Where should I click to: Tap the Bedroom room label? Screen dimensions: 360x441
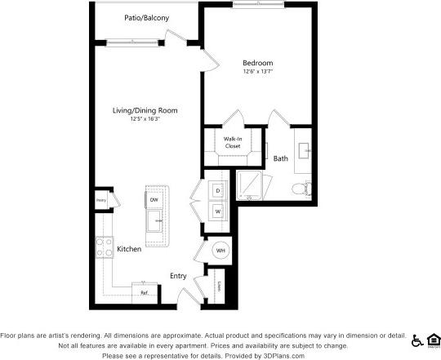tap(257, 63)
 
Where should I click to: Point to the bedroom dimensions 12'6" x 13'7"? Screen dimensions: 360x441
tap(257, 72)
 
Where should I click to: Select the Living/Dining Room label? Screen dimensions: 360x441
tap(145, 110)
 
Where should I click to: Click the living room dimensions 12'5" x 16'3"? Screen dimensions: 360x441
tap(145, 119)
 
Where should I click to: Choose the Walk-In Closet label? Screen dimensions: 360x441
tap(233, 143)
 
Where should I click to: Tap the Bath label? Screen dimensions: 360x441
tap(280, 158)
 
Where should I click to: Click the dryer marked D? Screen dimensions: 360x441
tap(218, 191)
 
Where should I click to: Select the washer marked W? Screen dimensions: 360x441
tap(218, 211)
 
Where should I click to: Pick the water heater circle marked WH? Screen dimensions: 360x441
tap(219, 250)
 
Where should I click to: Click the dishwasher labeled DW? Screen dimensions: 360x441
tap(154, 199)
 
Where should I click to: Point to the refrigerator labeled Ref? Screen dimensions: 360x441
tap(144, 291)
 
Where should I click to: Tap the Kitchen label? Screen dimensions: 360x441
tap(129, 249)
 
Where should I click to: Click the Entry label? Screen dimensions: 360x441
tap(178, 276)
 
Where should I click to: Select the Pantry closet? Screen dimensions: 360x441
tap(102, 200)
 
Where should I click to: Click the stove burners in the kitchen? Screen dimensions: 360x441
tap(104, 247)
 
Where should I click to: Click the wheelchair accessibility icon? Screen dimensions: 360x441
tap(416, 340)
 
